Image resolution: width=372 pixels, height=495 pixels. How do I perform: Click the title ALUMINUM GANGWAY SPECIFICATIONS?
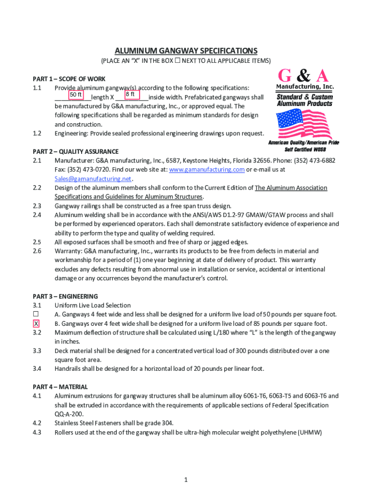pos(186,51)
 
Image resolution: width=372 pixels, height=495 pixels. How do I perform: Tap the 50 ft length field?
pos(76,95)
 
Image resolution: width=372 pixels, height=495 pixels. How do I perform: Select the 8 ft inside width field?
pos(131,95)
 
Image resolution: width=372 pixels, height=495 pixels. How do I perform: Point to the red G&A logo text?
pos(304,76)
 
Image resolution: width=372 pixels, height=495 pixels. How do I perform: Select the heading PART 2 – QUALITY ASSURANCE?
pos(75,151)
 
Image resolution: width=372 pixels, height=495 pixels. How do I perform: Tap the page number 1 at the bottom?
pos(186,480)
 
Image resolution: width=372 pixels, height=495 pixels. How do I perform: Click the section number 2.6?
pos(37,251)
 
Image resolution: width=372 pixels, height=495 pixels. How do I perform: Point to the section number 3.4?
pos(37,369)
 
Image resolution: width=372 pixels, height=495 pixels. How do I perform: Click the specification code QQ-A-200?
pos(70,414)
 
